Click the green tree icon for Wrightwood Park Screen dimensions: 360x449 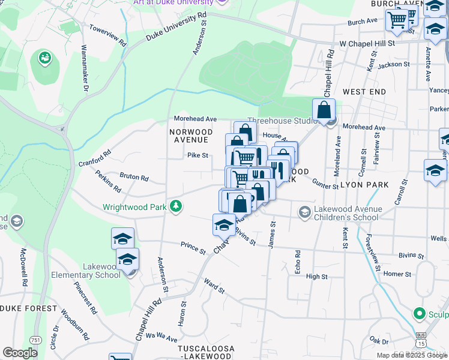(175, 206)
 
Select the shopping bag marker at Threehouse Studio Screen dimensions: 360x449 (324, 110)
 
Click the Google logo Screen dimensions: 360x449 (20, 353)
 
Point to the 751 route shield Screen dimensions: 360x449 (37, 340)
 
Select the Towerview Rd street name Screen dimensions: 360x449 (107, 36)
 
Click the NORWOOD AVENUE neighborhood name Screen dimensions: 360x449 (191, 136)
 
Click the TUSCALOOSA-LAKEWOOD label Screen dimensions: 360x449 (205, 352)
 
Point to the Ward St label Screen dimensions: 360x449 (214, 286)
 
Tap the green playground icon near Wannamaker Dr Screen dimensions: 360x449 (44, 58)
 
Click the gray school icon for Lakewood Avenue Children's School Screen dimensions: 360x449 (304, 211)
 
